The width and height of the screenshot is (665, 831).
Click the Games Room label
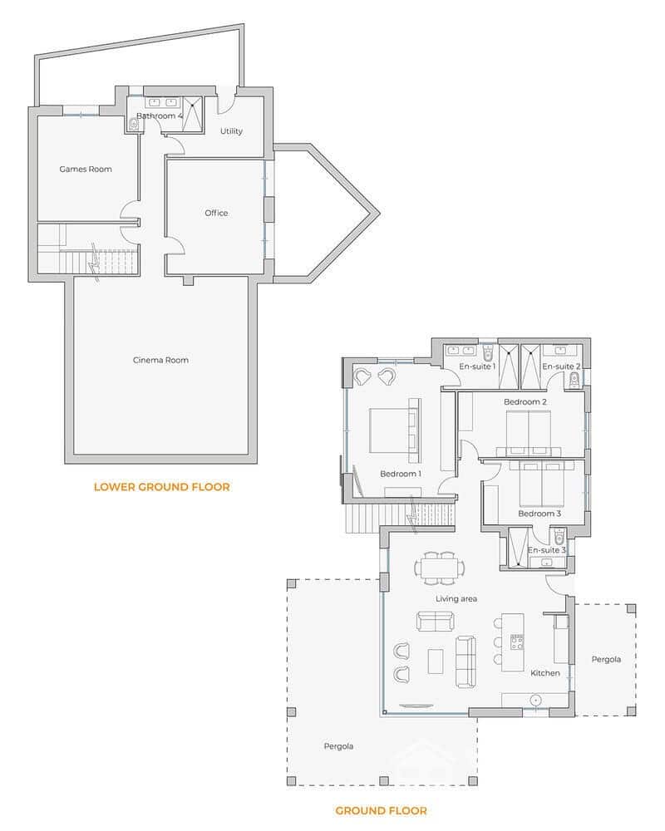[x=85, y=170]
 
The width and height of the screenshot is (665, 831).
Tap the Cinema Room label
[x=160, y=360]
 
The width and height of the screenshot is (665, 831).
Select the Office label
[x=216, y=214]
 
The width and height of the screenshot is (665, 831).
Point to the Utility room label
[x=232, y=131]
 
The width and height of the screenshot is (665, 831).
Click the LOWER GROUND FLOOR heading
[x=161, y=487]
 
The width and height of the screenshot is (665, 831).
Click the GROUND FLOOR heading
[x=382, y=810]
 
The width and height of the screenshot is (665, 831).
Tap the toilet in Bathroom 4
[x=134, y=125]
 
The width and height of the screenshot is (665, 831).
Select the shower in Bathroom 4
[x=193, y=115]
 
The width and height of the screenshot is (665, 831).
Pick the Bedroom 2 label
[x=525, y=402]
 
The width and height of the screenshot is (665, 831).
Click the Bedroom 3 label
[x=539, y=514]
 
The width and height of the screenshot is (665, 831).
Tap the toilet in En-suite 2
[x=574, y=381]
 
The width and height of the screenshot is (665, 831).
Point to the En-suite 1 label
[x=477, y=366]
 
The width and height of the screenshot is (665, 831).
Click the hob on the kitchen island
[x=517, y=641]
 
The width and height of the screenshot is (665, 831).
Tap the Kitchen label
[x=545, y=673]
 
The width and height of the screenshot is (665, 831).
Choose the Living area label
[x=456, y=598]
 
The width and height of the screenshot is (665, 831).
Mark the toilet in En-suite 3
[x=559, y=536]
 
